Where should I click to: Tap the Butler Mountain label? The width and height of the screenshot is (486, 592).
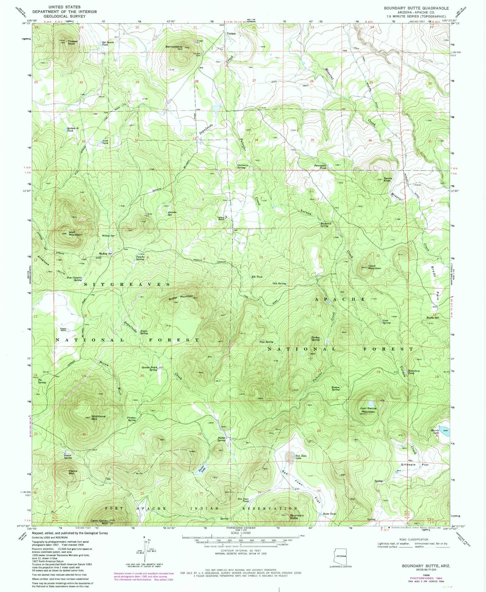coord(183,296)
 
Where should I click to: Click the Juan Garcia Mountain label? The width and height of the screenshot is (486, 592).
coord(367,410)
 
